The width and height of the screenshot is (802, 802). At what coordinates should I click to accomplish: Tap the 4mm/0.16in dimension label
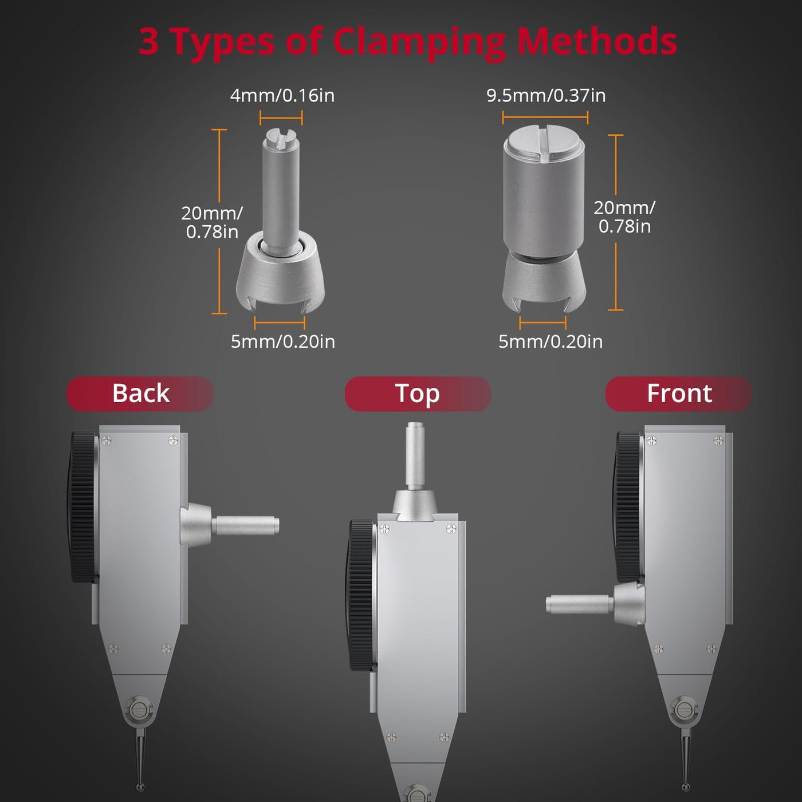pos(282,95)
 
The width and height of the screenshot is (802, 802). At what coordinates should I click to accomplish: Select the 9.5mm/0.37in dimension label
pos(546,95)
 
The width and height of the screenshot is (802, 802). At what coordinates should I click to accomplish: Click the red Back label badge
pos(140,394)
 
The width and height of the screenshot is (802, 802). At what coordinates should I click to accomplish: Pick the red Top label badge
pos(418,394)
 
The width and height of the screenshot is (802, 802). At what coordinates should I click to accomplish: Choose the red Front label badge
pos(678,394)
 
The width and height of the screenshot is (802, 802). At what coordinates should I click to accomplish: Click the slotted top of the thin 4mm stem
pos(281,138)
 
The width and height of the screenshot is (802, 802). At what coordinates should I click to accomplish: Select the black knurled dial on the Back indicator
pos(84,508)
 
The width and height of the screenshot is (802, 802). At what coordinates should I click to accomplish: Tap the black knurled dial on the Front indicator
pos(628,507)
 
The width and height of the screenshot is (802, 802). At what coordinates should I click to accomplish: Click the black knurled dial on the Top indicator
pos(362,595)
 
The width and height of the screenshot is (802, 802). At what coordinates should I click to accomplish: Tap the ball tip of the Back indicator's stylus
pos(140,787)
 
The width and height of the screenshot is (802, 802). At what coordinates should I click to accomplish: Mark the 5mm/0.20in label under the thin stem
pos(282,341)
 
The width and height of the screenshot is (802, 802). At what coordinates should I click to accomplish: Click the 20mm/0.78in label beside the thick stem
pos(624,217)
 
